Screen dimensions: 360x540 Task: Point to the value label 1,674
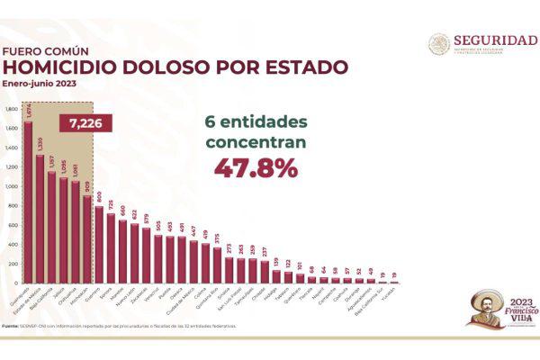point(28,112)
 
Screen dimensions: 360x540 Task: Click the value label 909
point(86,186)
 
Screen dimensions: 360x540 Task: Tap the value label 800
point(99,197)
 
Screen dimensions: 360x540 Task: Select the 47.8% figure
point(255,167)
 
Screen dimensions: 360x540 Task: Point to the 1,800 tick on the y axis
point(12,109)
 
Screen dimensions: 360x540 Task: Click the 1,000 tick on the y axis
point(12,186)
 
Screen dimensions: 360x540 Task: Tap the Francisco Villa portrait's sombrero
point(486,296)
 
